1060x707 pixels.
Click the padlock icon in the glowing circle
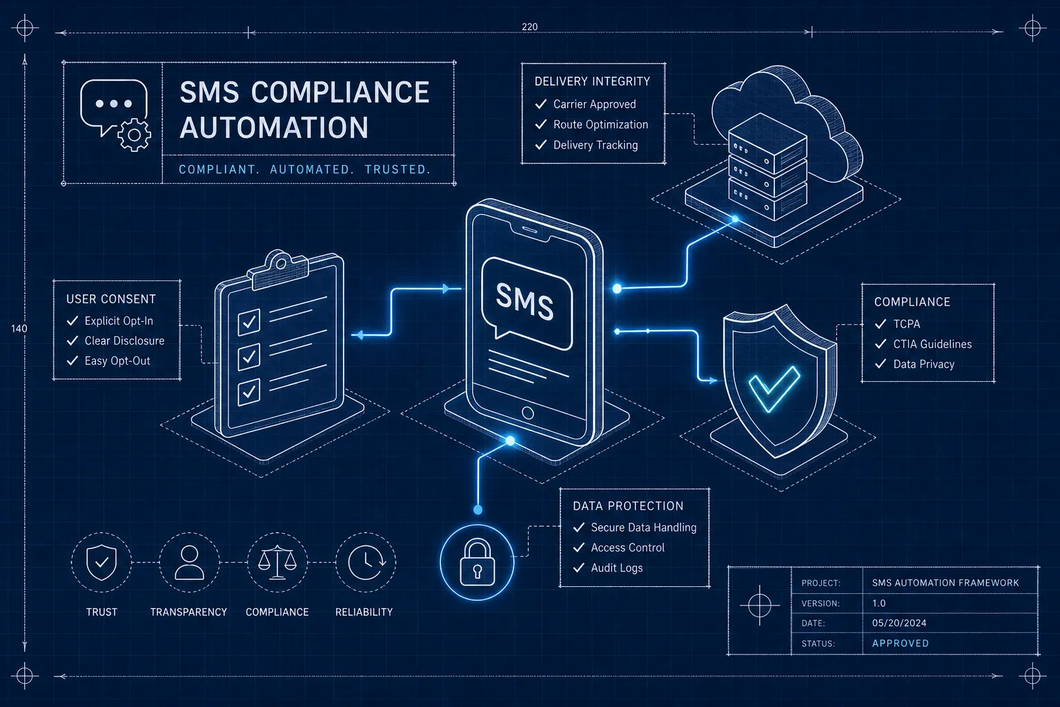[477, 563]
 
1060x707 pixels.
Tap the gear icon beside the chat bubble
[135, 135]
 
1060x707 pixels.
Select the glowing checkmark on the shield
[775, 388]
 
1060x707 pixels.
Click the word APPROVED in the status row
[900, 643]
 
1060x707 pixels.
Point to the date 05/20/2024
[899, 623]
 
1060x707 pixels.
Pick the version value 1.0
[879, 603]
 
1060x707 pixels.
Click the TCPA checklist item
[907, 324]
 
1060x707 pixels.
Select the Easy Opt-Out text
[117, 361]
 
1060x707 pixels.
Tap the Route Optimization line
[600, 124]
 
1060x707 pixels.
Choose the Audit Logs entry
[616, 568]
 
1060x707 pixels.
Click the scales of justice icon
[277, 563]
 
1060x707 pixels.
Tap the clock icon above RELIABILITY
[366, 563]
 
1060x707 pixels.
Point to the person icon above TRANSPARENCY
[189, 563]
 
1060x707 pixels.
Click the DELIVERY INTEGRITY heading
[592, 81]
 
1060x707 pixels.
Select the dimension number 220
[529, 27]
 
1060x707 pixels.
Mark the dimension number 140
[19, 329]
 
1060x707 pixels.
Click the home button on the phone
[528, 413]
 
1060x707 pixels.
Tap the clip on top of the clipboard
[279, 269]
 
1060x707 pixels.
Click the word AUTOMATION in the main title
[274, 127]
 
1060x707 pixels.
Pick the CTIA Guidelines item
[932, 345]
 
